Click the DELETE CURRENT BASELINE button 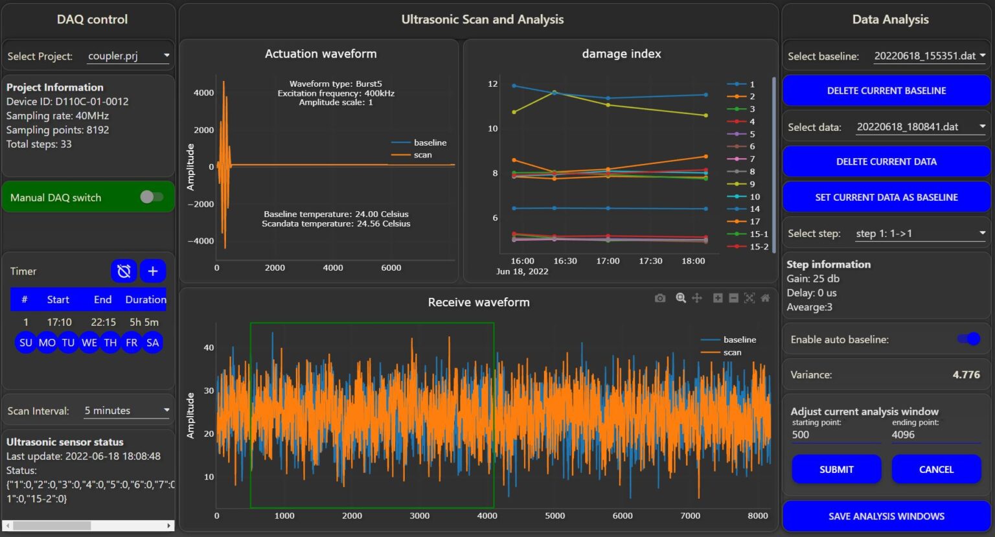click(886, 91)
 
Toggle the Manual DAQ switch click(152, 197)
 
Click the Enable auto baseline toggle click(969, 339)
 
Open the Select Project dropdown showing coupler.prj click(128, 56)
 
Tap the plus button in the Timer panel click(153, 271)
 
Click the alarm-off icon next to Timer click(124, 271)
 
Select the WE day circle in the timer click(89, 343)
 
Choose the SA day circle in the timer click(153, 343)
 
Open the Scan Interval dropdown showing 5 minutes click(126, 411)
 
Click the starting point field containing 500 click(836, 435)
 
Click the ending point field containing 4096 click(935, 435)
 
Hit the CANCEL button click(936, 470)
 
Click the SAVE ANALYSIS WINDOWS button click(886, 516)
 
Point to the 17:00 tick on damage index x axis click(608, 261)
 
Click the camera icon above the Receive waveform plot click(659, 298)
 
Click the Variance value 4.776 click(966, 374)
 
